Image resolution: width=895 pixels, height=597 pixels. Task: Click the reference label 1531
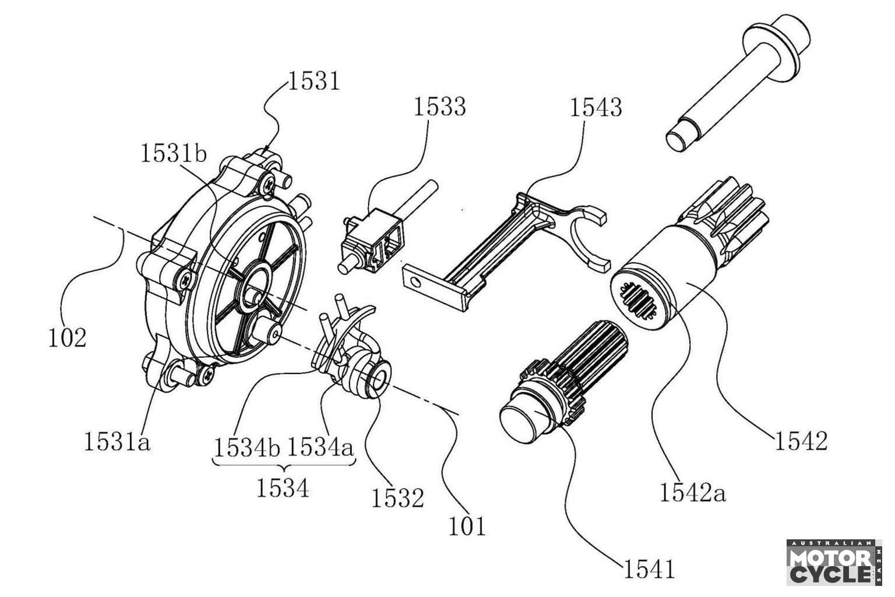pyautogui.click(x=313, y=82)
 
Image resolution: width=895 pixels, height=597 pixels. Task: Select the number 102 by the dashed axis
pyautogui.click(x=68, y=338)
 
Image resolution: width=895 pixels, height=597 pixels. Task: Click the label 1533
pyautogui.click(x=440, y=107)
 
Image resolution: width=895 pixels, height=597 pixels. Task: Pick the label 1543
pyautogui.click(x=596, y=108)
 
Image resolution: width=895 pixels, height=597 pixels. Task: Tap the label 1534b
pyautogui.click(x=247, y=448)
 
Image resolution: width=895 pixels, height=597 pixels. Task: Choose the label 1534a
pyautogui.click(x=320, y=448)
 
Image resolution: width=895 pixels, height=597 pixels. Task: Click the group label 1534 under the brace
pyautogui.click(x=283, y=488)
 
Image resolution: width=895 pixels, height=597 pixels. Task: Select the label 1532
pyautogui.click(x=398, y=498)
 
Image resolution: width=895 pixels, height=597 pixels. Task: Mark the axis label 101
pyautogui.click(x=467, y=527)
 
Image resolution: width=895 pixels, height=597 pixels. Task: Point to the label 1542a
pyautogui.click(x=693, y=493)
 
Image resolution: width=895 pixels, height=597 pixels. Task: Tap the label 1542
pyautogui.click(x=801, y=441)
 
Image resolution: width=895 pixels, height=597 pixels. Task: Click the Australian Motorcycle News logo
pyautogui.click(x=833, y=562)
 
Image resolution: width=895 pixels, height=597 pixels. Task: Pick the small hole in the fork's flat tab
pyautogui.click(x=415, y=282)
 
